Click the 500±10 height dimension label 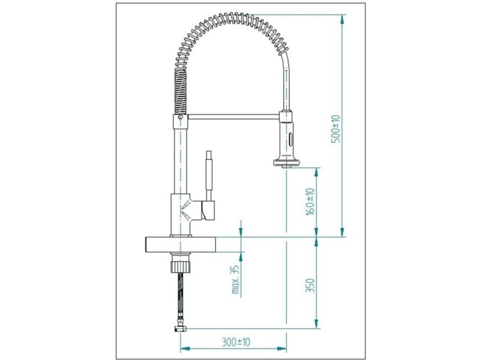coord(336,128)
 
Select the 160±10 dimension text coord(310,202)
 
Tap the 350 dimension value coord(310,285)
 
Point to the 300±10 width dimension coord(236,341)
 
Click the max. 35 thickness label coord(235,279)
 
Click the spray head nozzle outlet coord(286,165)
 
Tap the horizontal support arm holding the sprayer coord(233,116)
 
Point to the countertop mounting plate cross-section coord(180,244)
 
